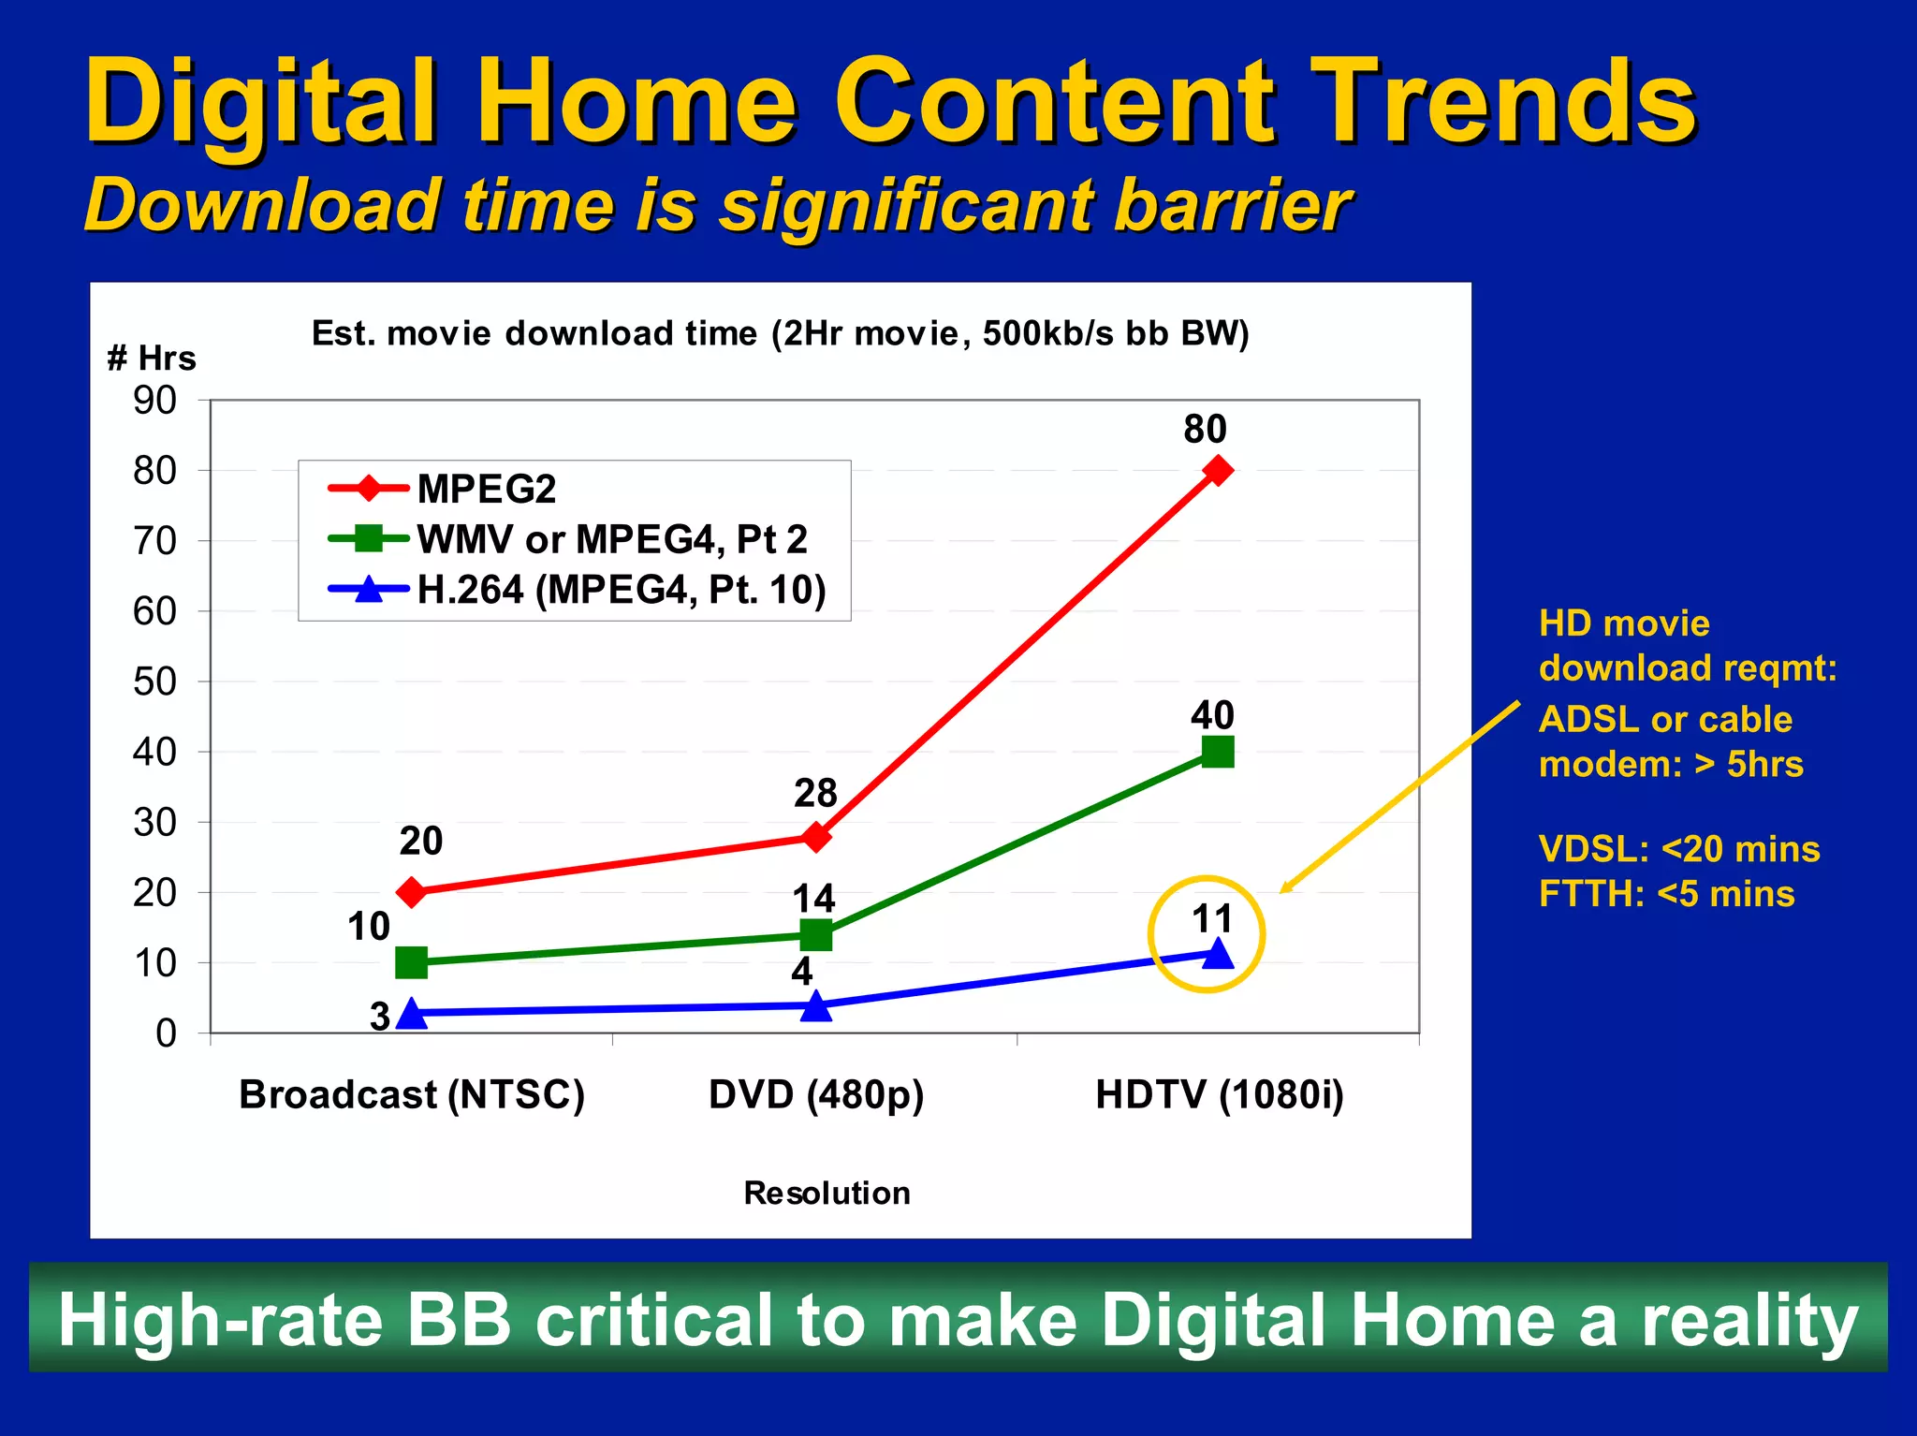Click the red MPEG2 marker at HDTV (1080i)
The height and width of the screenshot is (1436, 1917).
tap(1217, 470)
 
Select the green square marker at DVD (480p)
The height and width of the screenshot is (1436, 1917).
tap(816, 934)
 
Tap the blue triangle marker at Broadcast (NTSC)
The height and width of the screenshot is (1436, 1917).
tap(412, 1013)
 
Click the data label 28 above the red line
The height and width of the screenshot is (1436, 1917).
tap(815, 794)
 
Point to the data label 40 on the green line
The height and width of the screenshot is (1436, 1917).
tap(1212, 716)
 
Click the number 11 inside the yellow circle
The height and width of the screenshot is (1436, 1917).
tap(1212, 919)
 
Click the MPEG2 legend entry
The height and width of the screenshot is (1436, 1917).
tap(486, 489)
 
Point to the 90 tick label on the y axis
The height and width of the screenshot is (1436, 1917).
tap(154, 401)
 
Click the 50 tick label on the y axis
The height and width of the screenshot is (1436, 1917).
tap(154, 681)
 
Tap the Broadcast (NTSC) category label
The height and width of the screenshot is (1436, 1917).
tap(412, 1094)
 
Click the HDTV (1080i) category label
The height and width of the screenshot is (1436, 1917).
tap(1220, 1094)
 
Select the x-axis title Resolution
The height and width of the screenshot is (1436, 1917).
tap(827, 1194)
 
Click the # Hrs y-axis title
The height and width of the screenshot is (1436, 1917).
tap(152, 359)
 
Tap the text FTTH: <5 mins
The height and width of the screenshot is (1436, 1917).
tap(1666, 894)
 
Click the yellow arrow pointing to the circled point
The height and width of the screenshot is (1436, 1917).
tap(1399, 798)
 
